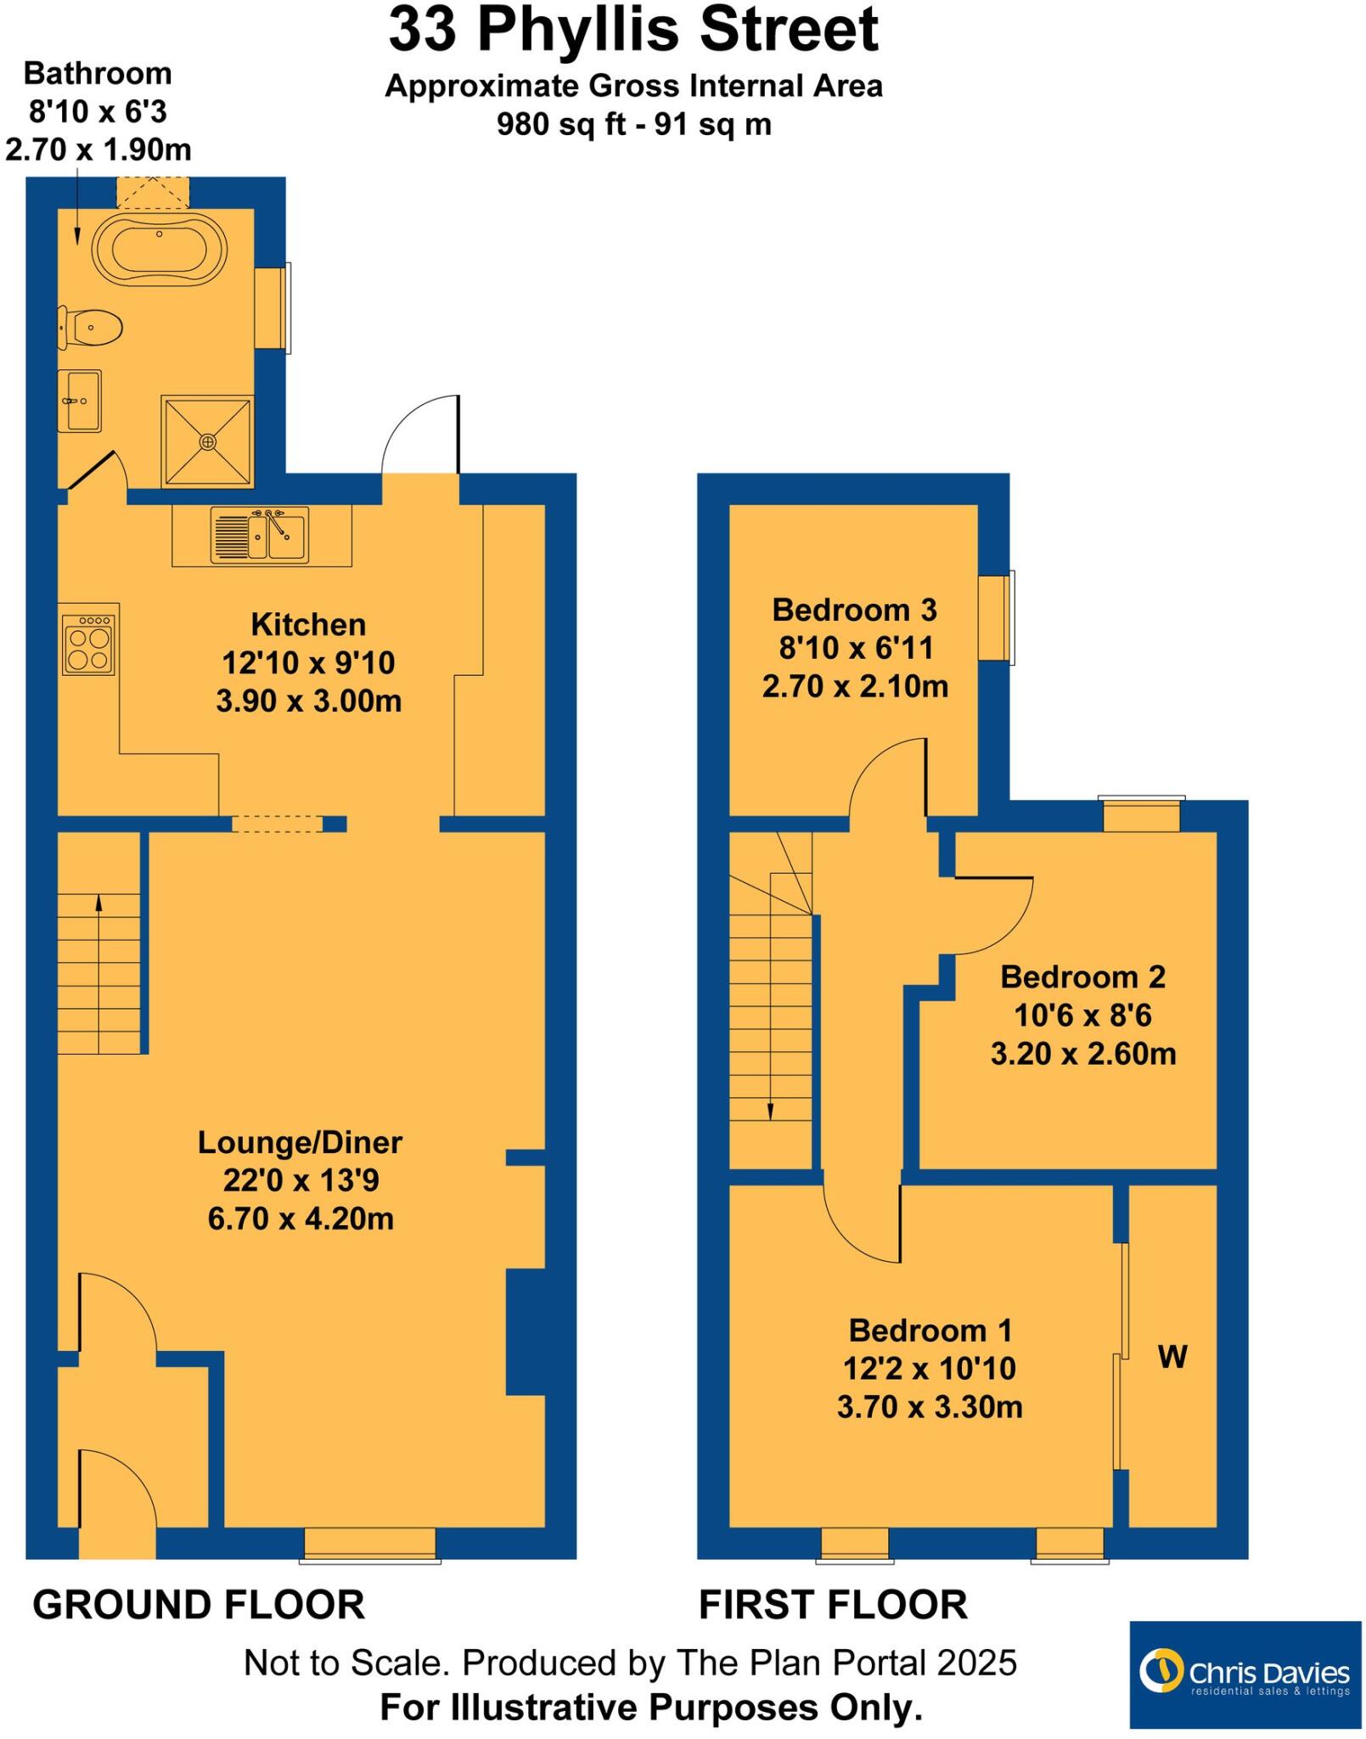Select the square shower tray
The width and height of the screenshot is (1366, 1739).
click(207, 442)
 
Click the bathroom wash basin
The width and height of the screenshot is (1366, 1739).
click(80, 401)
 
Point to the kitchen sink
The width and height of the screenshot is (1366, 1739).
click(260, 535)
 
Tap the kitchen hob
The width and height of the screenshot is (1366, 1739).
click(88, 644)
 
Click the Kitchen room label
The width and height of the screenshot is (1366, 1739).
click(308, 625)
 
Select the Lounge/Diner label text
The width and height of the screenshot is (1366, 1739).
click(300, 1142)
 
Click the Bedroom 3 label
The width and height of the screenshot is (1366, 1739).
click(854, 610)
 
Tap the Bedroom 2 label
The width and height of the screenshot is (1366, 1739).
click(1082, 976)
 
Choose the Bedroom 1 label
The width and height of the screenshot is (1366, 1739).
click(930, 1330)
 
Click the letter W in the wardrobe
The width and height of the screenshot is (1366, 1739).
click(1172, 1357)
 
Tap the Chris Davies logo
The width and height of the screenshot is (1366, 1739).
click(1245, 1674)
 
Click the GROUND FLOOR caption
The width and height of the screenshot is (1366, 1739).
click(199, 1605)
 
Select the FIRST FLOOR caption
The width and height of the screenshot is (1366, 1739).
click(833, 1605)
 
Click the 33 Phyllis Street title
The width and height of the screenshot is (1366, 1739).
click(633, 31)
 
